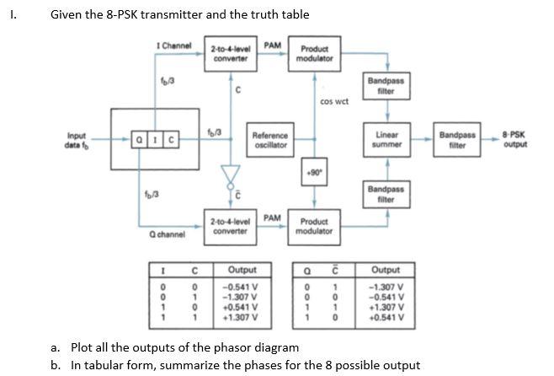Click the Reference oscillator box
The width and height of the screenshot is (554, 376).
click(270, 139)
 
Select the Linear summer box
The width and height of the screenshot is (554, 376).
click(386, 139)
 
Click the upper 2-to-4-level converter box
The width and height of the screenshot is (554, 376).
click(229, 52)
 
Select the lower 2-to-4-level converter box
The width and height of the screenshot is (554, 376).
click(229, 225)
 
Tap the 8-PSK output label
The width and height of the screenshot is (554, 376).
click(514, 139)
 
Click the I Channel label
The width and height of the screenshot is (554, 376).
click(174, 45)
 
